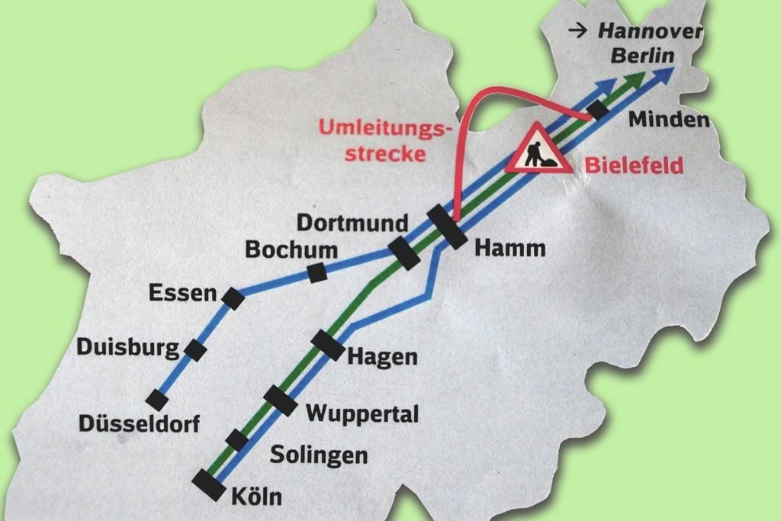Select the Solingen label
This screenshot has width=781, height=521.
pos(319,455)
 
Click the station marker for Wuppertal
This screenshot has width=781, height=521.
pos(280,400)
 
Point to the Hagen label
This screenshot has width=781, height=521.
pos(382,356)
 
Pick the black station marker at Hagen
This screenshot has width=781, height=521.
pos(329,346)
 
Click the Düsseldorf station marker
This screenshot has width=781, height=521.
pos(157,400)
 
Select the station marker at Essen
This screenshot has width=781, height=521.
pos(233,298)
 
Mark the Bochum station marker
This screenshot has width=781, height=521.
pos(317,272)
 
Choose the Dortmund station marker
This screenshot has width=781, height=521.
pos(404,253)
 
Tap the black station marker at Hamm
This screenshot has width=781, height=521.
pos(447,227)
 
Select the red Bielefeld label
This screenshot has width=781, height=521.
pos(634,166)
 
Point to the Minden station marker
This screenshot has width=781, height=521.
pos(599,110)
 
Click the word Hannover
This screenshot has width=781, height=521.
pos(649,31)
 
